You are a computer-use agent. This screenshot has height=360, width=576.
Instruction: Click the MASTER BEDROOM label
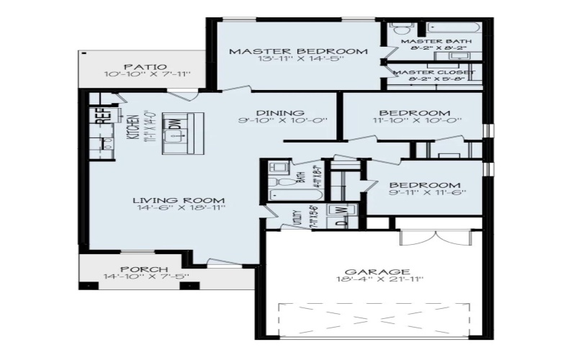pyautogui.click(x=298, y=51)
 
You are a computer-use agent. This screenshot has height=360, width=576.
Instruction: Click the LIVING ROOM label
pyautogui.click(x=179, y=200)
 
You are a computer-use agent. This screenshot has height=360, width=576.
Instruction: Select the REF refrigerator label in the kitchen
pyautogui.click(x=101, y=116)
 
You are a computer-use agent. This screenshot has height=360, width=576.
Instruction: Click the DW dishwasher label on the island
pyautogui.click(x=175, y=122)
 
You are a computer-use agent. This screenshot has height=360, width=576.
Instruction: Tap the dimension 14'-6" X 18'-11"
pyautogui.click(x=179, y=209)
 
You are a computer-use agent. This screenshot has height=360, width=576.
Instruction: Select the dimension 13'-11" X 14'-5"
pyautogui.click(x=298, y=60)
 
